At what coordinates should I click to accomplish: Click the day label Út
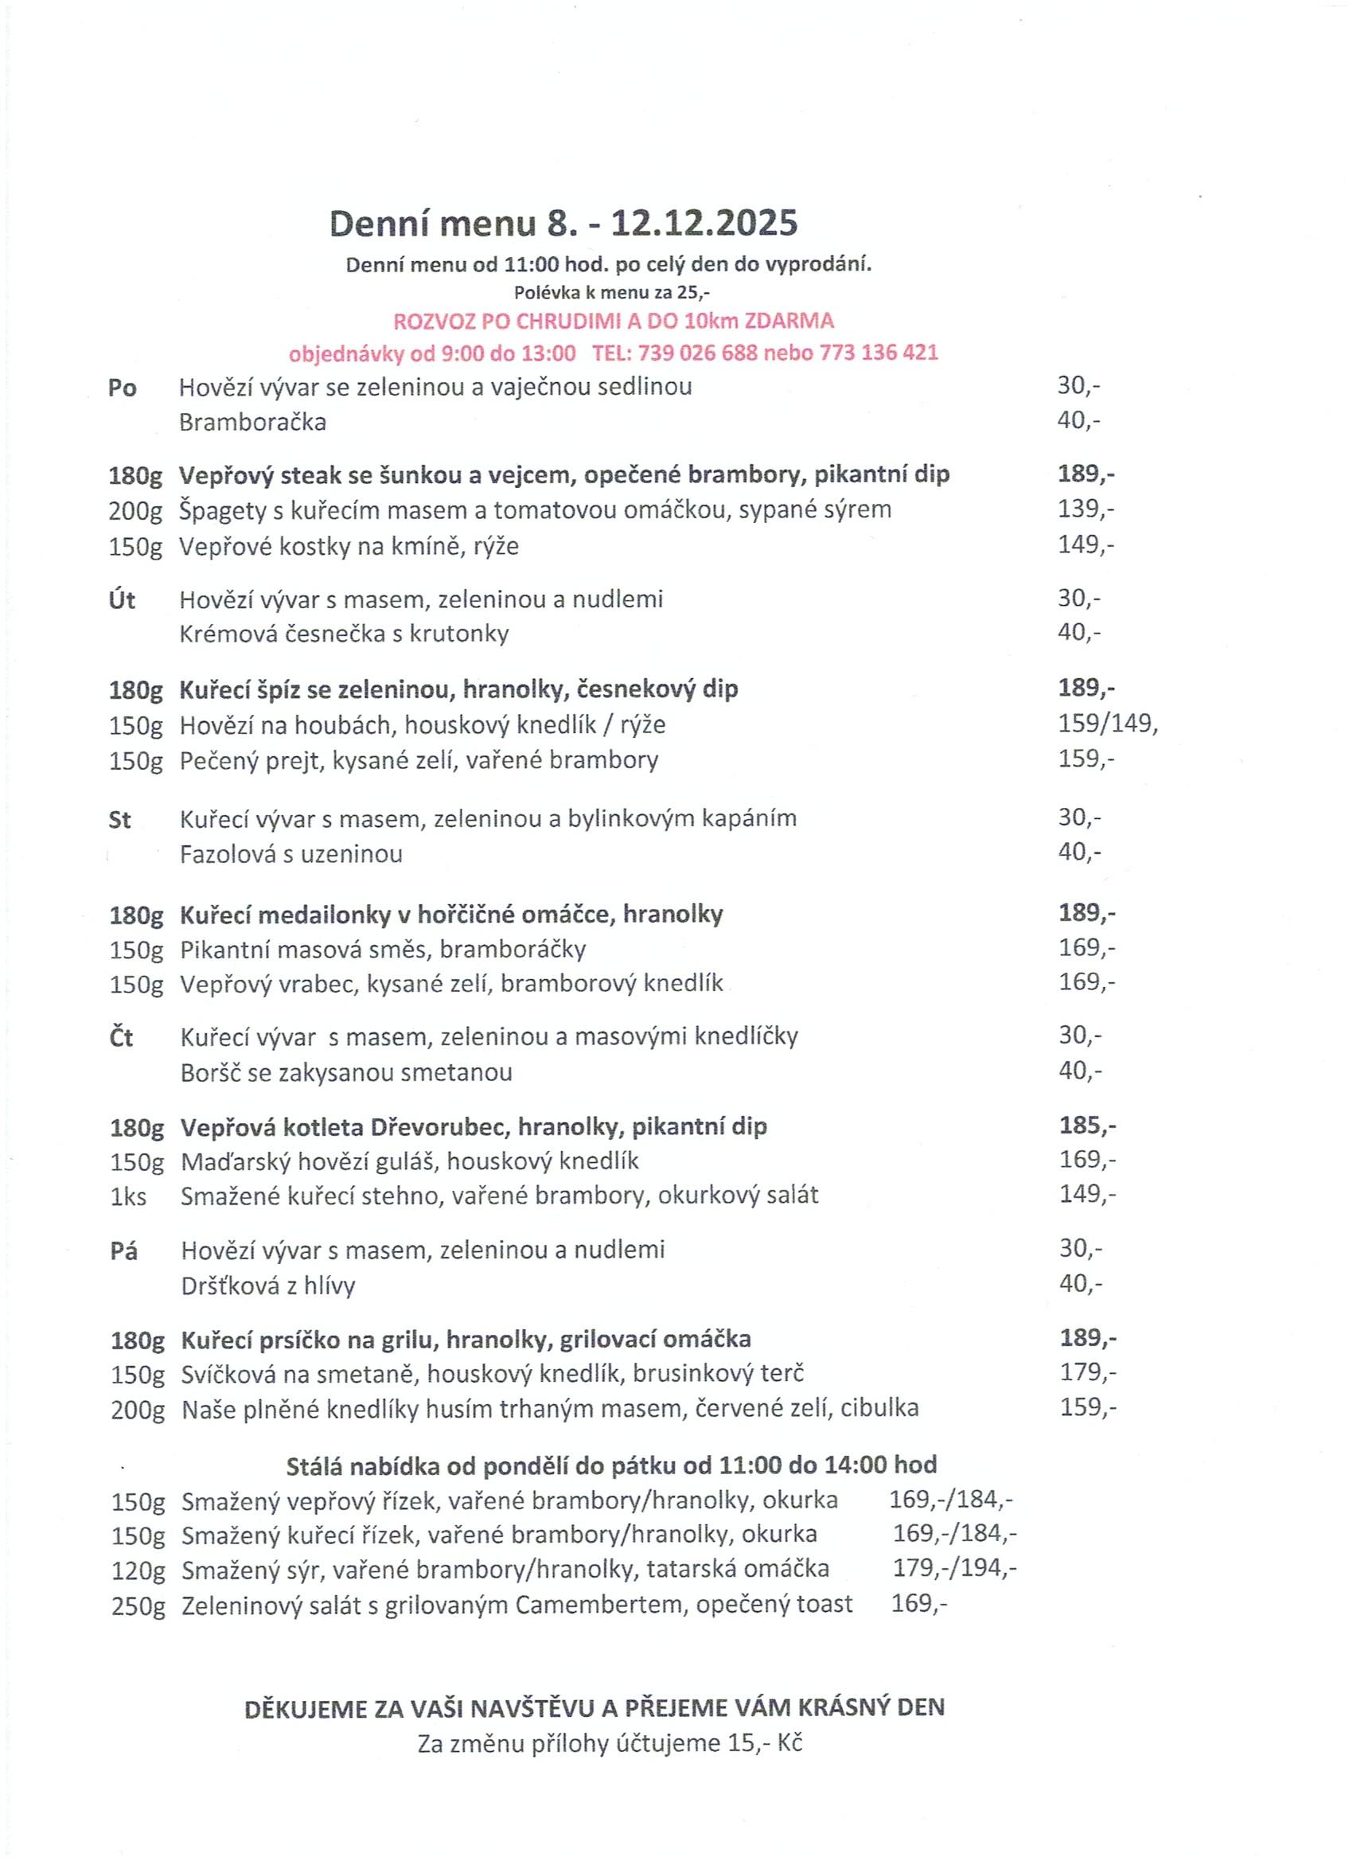coord(123,600)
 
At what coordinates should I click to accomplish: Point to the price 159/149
coord(1107,724)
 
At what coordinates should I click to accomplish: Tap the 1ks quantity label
coord(129,1197)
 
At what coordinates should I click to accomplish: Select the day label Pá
coord(124,1251)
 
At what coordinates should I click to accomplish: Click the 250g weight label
coord(138,1605)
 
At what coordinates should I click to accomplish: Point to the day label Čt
coord(122,1038)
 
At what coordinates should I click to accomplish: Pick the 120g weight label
coord(138,1570)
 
